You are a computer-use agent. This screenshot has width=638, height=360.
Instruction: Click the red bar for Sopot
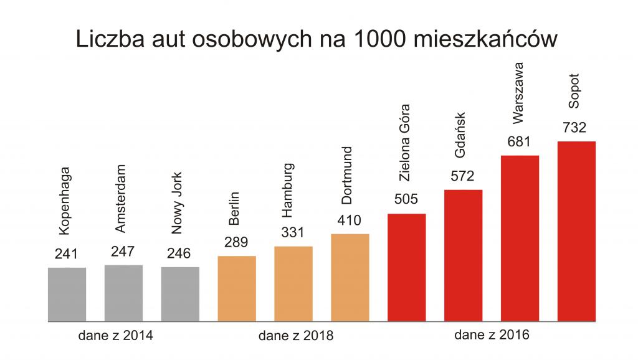(576, 231)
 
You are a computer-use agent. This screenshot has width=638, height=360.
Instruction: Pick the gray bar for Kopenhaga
(67, 294)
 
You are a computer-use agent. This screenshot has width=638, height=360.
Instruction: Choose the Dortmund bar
(350, 277)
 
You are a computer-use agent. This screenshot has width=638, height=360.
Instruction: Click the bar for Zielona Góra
(407, 267)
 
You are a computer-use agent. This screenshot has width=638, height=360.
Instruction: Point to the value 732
(574, 128)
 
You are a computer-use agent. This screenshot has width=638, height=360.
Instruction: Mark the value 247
(123, 252)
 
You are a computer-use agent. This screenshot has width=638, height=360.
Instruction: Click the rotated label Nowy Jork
(178, 211)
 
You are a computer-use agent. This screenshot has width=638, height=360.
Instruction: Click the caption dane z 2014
(115, 335)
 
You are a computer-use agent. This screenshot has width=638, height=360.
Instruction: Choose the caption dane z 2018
(296, 336)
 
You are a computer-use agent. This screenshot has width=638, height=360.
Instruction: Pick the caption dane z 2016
(492, 334)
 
